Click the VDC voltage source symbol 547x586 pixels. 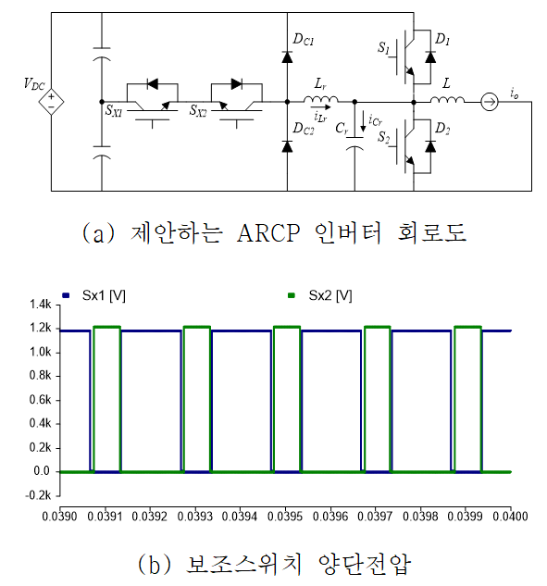click(x=51, y=102)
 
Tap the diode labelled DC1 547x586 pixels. click(x=287, y=57)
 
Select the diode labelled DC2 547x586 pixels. click(x=287, y=146)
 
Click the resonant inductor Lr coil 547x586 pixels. click(x=320, y=99)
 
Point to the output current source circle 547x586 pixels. click(x=489, y=102)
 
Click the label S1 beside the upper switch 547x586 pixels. click(x=383, y=47)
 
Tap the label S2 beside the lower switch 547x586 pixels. click(x=383, y=137)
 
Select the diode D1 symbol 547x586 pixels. click(x=430, y=57)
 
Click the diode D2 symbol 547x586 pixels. click(x=430, y=146)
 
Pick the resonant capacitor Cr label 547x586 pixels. click(x=342, y=129)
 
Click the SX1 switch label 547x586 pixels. click(x=114, y=110)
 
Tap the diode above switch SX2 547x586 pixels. click(x=237, y=84)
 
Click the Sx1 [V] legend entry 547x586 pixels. click(x=93, y=295)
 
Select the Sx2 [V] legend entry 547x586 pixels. click(x=320, y=295)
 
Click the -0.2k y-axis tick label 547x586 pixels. click(x=38, y=495)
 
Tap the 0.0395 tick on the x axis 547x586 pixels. click(x=285, y=517)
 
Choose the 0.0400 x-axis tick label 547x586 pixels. click(x=510, y=517)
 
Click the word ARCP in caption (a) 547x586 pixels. click(x=268, y=233)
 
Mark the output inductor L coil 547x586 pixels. click(x=447, y=99)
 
